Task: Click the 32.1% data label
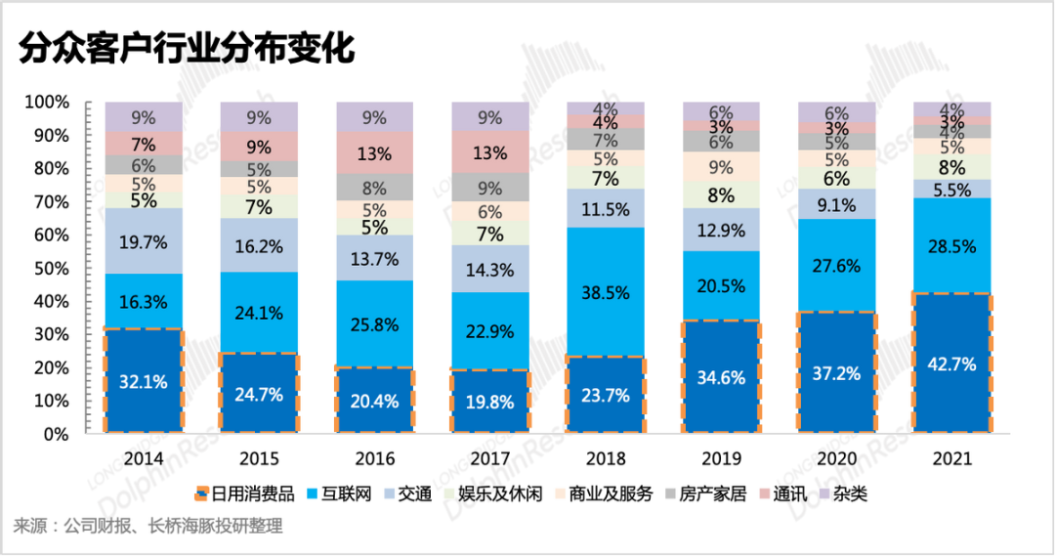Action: tap(143, 382)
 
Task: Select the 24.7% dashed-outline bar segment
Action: tap(259, 394)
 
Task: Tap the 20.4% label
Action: tap(375, 400)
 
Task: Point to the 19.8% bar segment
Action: tap(490, 401)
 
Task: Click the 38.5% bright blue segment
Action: tap(607, 291)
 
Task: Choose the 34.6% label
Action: tap(723, 376)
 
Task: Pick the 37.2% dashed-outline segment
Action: tap(837, 372)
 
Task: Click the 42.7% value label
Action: tap(952, 364)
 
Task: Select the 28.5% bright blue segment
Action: tap(952, 245)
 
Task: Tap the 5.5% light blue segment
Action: tap(952, 190)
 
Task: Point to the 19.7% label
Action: tap(143, 240)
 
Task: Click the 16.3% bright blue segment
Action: tap(143, 301)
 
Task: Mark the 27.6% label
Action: tap(837, 265)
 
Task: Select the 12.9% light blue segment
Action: tap(723, 231)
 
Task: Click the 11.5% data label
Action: tap(607, 208)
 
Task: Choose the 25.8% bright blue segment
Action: tap(375, 323)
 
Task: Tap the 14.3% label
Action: tap(490, 271)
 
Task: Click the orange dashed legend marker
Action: tap(203, 492)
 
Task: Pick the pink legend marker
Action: tap(765, 493)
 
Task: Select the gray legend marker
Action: tap(671, 493)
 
